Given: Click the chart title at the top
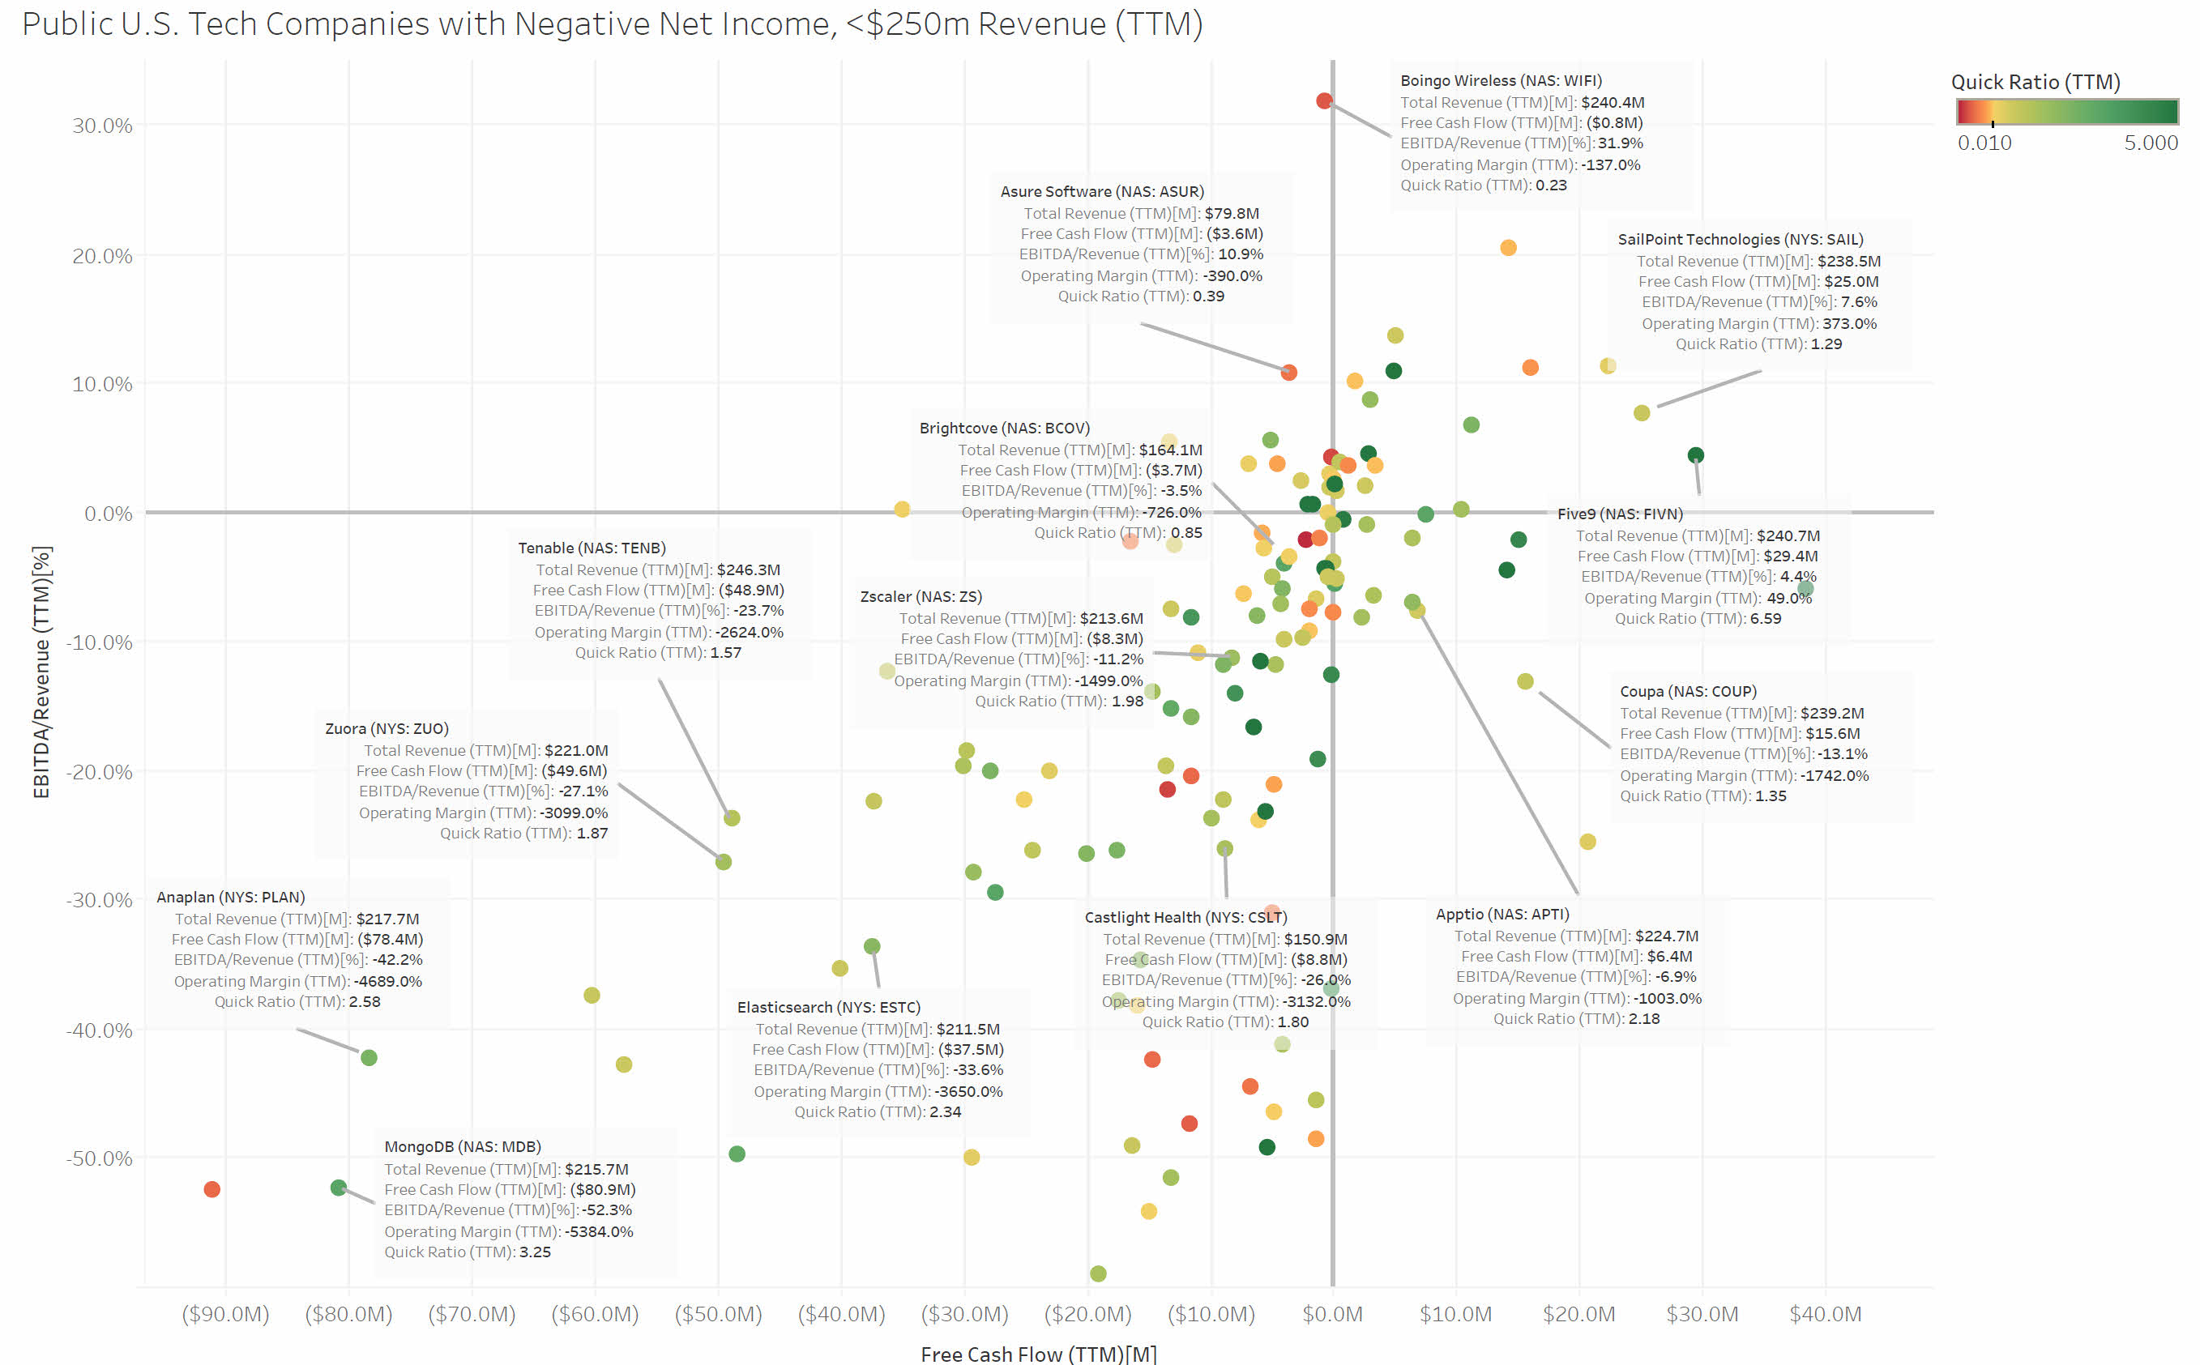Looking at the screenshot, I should pos(612,23).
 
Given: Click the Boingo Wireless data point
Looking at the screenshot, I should pos(1323,101).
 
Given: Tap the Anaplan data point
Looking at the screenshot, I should pos(369,1057).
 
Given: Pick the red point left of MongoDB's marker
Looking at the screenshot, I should pos(212,1189).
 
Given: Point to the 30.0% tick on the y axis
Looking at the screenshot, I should pos(102,126).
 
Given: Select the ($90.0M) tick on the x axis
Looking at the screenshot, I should pos(226,1313).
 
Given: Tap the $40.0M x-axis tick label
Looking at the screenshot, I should pos(1825,1313).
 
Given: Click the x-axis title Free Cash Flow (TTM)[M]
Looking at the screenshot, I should pos(1038,1354).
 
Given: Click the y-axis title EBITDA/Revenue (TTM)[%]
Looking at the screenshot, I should pos(41,672).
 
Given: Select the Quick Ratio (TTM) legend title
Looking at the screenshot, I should pos(2035,82).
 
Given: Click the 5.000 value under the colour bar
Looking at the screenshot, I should pos(2151,143).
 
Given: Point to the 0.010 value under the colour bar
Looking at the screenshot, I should pos(1984,143).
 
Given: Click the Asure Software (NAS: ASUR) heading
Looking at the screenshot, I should pos(1101,191).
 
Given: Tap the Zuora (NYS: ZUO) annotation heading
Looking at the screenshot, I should pos(387,728).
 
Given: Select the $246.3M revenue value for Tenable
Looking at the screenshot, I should pos(749,569).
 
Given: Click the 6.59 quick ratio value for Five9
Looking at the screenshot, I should pos(1766,618).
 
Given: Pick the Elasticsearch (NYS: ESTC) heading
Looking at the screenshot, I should pos(828,1008).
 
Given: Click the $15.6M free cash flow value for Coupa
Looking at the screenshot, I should pos(1833,734).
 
